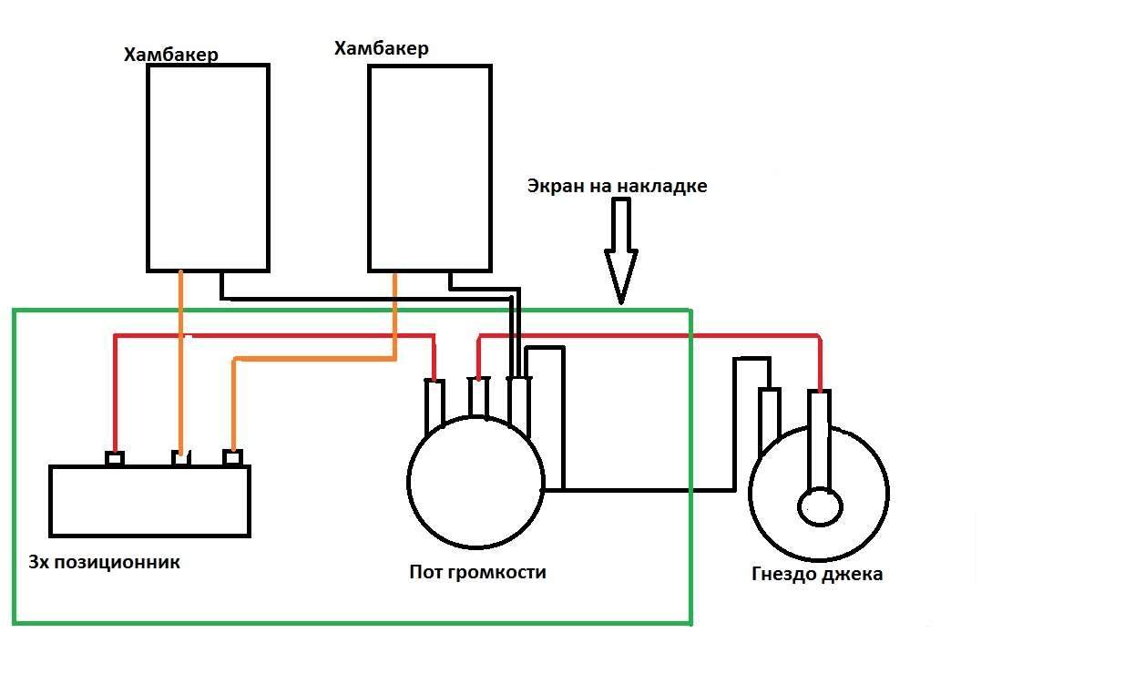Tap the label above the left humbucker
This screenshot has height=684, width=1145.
tap(170, 54)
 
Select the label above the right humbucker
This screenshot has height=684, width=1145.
tap(382, 48)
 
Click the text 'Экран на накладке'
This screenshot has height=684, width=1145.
tap(617, 186)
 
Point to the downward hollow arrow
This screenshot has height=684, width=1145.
tap(621, 250)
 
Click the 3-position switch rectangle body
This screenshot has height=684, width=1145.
tap(149, 501)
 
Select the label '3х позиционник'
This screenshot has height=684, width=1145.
tap(104, 562)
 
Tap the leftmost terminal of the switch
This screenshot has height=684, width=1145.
tap(115, 458)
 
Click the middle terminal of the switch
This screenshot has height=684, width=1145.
tap(180, 457)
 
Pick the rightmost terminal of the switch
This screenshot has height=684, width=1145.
tap(232, 457)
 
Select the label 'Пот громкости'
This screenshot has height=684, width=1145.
tap(477, 572)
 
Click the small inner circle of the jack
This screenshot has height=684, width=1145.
tap(820, 506)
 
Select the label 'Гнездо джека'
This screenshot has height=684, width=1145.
tap(817, 574)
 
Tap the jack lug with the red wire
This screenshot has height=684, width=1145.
tap(820, 441)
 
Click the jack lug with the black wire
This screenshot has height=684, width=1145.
tap(770, 420)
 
